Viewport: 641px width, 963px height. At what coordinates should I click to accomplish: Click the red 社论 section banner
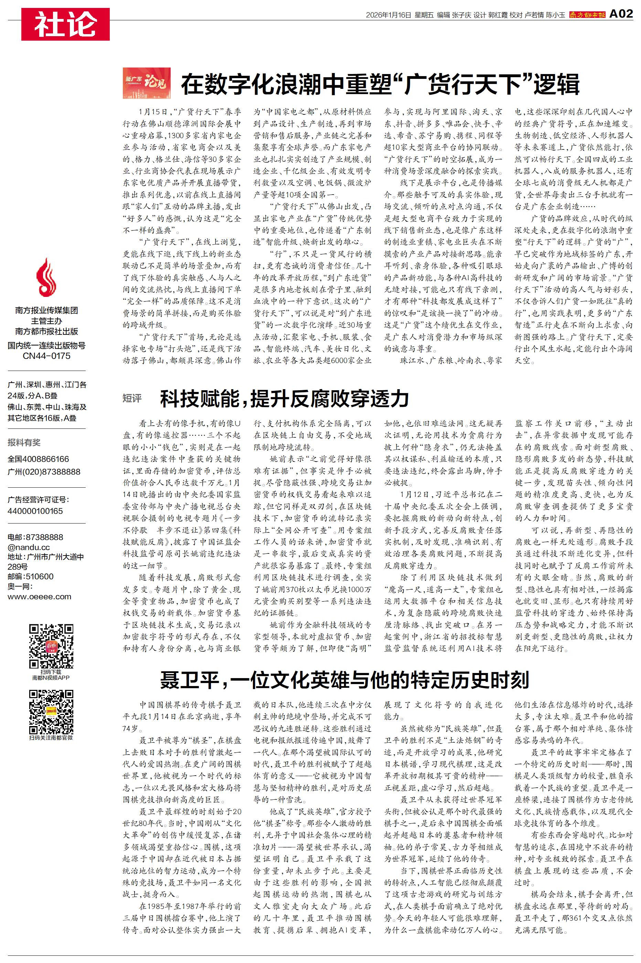tap(65, 24)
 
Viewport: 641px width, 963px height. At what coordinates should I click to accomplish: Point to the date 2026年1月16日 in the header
tap(388, 15)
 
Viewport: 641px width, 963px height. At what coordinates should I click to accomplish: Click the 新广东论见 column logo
tap(146, 83)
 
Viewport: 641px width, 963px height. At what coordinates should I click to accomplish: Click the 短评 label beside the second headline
tap(132, 398)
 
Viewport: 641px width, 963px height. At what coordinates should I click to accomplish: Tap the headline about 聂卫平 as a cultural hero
tap(344, 680)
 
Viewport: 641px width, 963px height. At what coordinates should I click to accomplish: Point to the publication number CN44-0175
tap(46, 356)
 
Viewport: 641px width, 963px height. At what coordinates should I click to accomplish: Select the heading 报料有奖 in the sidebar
tap(24, 442)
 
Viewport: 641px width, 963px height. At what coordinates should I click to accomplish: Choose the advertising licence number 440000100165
tap(35, 511)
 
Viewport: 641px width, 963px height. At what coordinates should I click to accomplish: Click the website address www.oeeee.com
tap(39, 597)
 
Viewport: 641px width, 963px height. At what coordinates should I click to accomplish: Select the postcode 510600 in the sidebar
tap(39, 577)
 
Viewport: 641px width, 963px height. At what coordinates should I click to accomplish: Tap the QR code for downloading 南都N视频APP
tap(51, 646)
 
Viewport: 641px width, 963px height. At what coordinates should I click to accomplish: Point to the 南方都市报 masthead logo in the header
tap(587, 15)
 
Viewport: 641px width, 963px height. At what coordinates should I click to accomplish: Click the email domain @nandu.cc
tap(29, 547)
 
